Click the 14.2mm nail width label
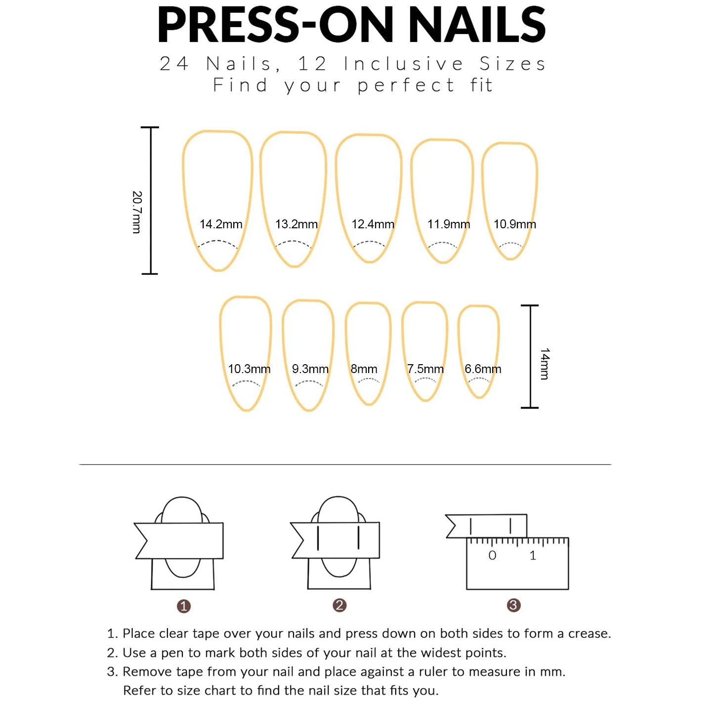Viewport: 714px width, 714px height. coord(221,224)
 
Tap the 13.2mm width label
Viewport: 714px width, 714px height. coord(296,224)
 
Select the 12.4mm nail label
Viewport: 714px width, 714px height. coord(373,224)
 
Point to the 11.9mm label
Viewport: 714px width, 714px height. coord(449,224)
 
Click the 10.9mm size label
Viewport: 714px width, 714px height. coord(514,224)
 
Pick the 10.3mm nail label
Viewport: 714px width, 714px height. coord(249,369)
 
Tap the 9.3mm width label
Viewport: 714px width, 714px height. coord(310,369)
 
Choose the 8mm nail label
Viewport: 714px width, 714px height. coord(364,369)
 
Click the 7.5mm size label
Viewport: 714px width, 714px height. coord(425,369)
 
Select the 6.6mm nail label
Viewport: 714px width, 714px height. coord(483,369)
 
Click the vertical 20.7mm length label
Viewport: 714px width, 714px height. coord(137,212)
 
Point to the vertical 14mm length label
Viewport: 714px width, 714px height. coord(545,364)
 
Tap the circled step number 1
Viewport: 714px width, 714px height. coord(184,606)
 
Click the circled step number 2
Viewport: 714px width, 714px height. coord(339,605)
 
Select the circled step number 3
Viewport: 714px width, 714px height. coord(514,605)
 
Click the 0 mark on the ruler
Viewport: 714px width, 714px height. coord(492,555)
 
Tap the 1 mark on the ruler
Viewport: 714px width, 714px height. coord(533,555)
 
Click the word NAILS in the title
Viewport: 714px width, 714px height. coord(477,25)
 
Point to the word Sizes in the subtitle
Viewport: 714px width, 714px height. coord(512,64)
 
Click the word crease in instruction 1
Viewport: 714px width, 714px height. coord(588,633)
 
